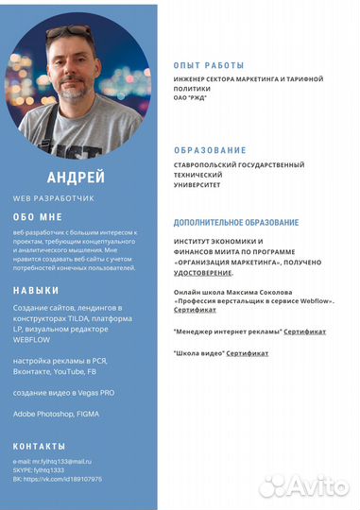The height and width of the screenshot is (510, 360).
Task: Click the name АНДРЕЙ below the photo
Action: click(75, 178)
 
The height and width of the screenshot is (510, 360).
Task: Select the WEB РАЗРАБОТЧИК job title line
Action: click(54, 198)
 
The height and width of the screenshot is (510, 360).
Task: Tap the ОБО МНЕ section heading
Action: click(37, 216)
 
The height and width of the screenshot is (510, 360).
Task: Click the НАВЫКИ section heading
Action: click(36, 290)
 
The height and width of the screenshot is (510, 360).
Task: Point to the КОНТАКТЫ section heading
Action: click(40, 445)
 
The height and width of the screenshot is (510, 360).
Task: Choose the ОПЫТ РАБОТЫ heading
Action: click(209, 65)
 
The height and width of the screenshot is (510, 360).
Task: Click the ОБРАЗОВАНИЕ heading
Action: click(210, 150)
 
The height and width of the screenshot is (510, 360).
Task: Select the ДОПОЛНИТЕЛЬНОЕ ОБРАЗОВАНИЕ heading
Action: click(236, 222)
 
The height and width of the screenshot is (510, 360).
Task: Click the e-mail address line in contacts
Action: click(52, 461)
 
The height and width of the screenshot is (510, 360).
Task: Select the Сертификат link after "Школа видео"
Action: click(247, 353)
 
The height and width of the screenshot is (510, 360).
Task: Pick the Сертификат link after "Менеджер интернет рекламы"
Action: click(304, 331)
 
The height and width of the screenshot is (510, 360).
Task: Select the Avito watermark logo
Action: click(304, 485)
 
